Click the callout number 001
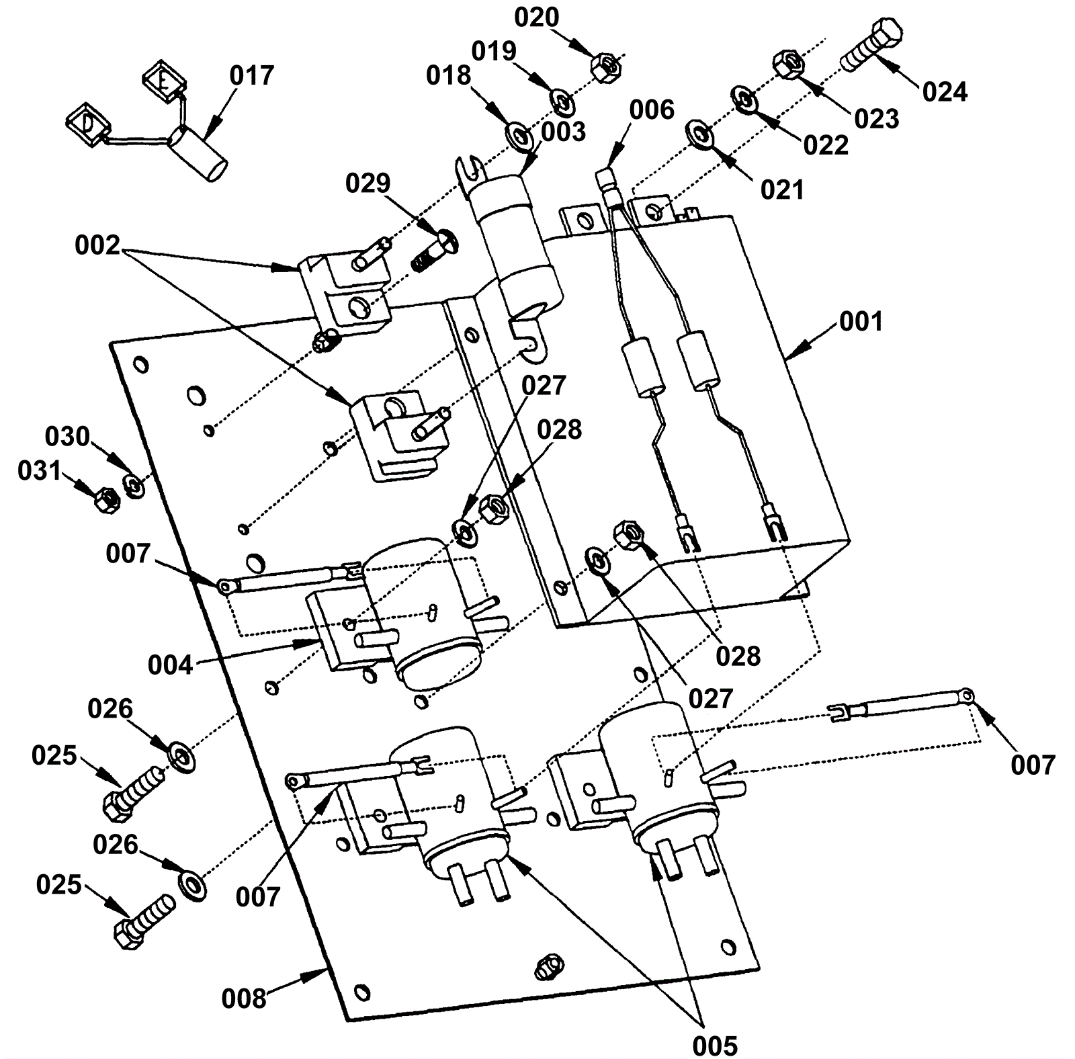click(x=861, y=322)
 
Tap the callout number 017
click(x=252, y=76)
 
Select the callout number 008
click(x=244, y=999)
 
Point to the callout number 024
click(x=945, y=92)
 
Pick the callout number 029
click(x=368, y=183)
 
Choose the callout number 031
click(x=40, y=471)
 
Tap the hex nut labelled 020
click(x=605, y=66)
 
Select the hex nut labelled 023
click(x=789, y=64)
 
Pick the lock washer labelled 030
click(x=134, y=485)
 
